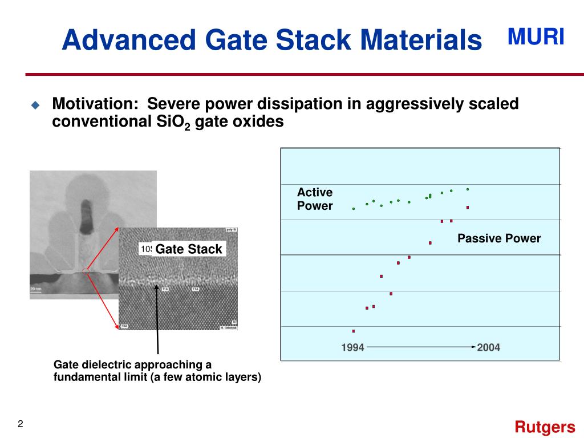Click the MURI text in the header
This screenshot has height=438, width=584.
[536, 37]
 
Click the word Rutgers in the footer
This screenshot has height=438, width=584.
[545, 427]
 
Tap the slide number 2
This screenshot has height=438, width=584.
[21, 424]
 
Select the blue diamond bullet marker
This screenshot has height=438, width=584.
[35, 105]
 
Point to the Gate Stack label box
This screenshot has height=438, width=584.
[189, 249]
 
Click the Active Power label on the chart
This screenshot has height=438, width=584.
[314, 199]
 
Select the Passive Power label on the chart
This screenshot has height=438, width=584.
[498, 238]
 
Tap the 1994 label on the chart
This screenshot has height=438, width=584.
[352, 347]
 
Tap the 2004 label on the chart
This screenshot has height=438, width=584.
[488, 347]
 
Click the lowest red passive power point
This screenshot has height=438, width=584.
[354, 331]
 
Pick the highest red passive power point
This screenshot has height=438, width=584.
[468, 208]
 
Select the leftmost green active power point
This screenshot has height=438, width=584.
[354, 209]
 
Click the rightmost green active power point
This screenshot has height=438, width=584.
[468, 189]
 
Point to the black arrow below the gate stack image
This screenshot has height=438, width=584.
[157, 319]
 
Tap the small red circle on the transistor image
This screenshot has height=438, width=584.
[86, 271]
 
